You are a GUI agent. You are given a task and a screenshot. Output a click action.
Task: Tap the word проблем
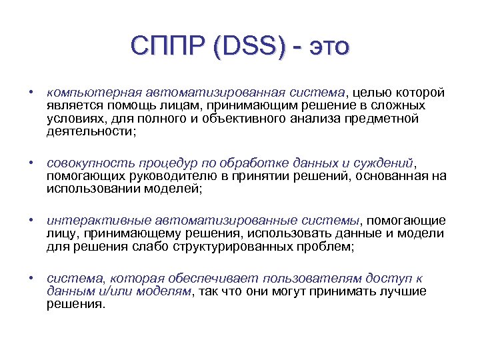pyautogui.click(x=326, y=247)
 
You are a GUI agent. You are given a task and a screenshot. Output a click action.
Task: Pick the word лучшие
pyautogui.click(x=402, y=291)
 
